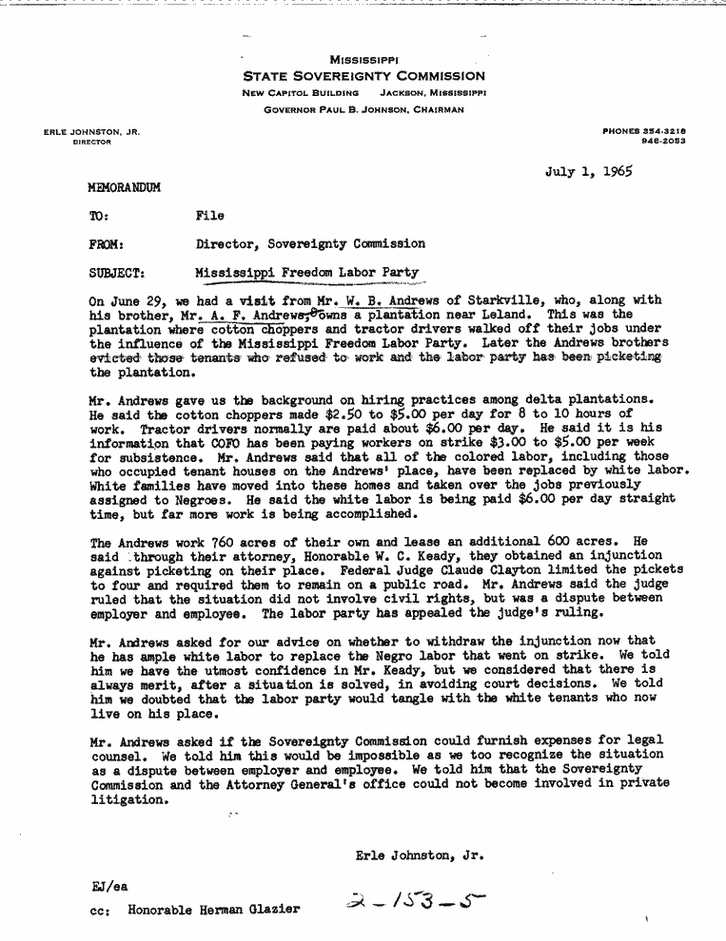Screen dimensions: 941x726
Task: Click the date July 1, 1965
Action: coord(589,172)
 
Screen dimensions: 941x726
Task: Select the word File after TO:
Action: coord(209,217)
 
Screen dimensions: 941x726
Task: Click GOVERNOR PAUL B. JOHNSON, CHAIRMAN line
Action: coord(364,110)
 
